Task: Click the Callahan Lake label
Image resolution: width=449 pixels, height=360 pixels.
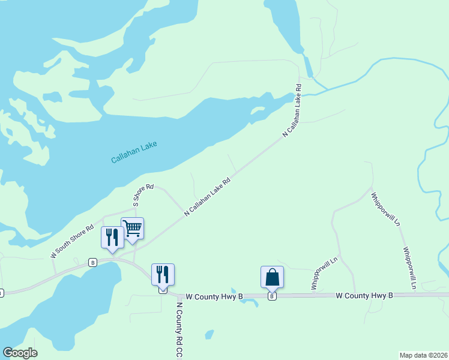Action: tap(134, 152)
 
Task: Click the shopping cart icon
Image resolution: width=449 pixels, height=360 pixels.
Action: tap(132, 228)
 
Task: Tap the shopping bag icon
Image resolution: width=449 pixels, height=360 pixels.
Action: tap(272, 277)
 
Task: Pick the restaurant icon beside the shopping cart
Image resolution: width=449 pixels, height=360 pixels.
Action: tap(112, 237)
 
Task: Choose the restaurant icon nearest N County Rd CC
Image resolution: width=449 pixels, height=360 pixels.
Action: tap(163, 275)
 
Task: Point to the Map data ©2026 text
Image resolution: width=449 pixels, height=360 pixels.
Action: tap(424, 355)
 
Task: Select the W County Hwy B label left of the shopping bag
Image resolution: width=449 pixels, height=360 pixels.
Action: tap(214, 296)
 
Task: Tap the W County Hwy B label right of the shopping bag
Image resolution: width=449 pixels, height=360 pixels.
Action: tap(364, 296)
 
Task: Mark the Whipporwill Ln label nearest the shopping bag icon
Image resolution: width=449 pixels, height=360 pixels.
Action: tap(325, 273)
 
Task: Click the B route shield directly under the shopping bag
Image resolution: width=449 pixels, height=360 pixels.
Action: tap(272, 296)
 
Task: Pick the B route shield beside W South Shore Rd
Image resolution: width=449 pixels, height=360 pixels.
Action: tap(92, 262)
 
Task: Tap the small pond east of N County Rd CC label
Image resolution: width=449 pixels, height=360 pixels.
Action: tap(209, 334)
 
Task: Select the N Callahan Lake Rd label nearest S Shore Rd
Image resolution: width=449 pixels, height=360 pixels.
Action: tap(207, 196)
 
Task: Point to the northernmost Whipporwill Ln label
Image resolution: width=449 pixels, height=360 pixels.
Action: tap(385, 209)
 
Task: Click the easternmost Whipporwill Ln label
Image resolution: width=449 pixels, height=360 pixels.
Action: tap(410, 268)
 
